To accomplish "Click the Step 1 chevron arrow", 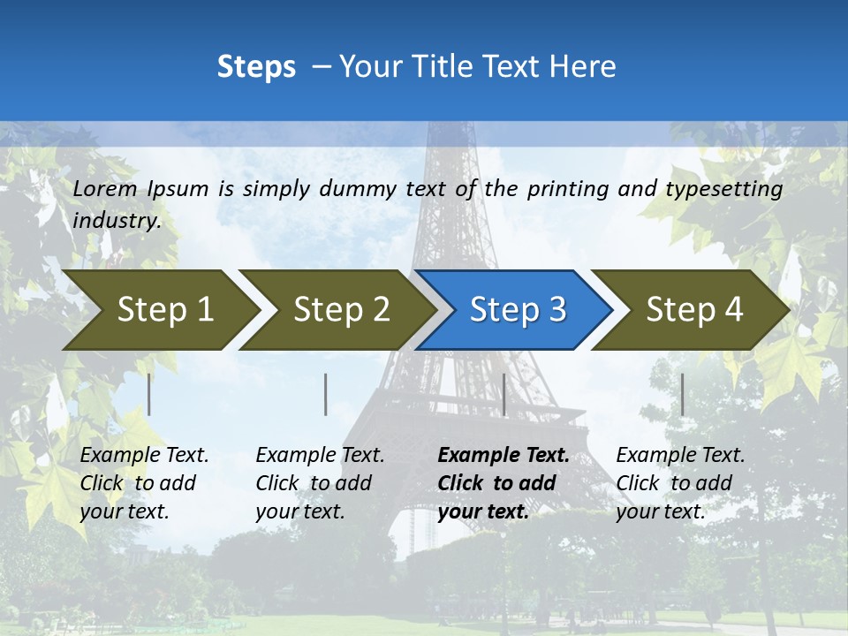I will (159, 309).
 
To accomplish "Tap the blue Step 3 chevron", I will (515, 309).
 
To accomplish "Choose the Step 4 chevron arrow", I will (692, 309).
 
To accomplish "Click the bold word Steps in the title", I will (256, 66).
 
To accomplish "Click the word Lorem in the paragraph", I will (106, 188).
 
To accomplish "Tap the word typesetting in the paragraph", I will (723, 188).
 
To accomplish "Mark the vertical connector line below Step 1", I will (149, 394).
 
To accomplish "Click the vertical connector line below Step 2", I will (326, 394).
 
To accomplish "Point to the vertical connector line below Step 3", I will (503, 394).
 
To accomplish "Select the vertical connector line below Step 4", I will (682, 394).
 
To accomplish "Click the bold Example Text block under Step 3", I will (503, 483).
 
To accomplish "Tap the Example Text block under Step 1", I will (144, 483).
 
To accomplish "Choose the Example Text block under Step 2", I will (320, 483).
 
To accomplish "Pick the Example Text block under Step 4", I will (680, 483).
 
